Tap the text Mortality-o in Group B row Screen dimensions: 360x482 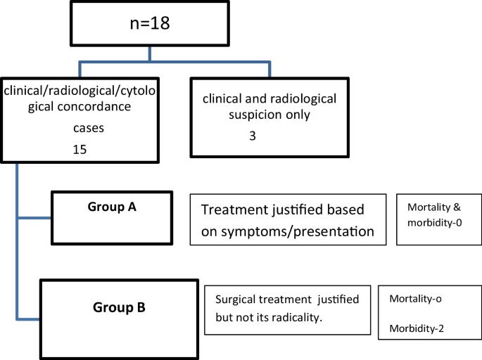click(415, 298)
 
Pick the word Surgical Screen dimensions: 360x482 click(236, 300)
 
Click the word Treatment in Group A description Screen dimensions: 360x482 click(233, 210)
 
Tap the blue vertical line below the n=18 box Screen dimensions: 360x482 click(149, 56)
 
